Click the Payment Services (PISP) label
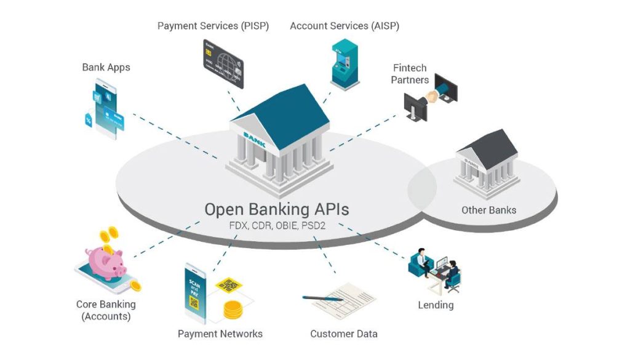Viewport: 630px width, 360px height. pyautogui.click(x=213, y=26)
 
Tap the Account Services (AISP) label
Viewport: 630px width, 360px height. pyautogui.click(x=344, y=26)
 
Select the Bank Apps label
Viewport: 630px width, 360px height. pyautogui.click(x=106, y=67)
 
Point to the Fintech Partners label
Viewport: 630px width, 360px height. pyautogui.click(x=410, y=74)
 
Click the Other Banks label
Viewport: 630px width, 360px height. pyautogui.click(x=488, y=210)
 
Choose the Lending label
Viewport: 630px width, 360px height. pyautogui.click(x=436, y=305)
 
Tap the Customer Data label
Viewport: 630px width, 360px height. pyautogui.click(x=343, y=334)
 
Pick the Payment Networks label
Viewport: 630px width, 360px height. pyautogui.click(x=220, y=334)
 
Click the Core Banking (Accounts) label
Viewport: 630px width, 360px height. pyautogui.click(x=106, y=310)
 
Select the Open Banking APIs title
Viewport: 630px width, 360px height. pyautogui.click(x=276, y=209)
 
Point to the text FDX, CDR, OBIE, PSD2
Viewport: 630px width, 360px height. pyautogui.click(x=276, y=226)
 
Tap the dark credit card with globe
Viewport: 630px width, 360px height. pyautogui.click(x=223, y=63)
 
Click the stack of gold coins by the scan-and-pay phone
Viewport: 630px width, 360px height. pyautogui.click(x=233, y=310)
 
